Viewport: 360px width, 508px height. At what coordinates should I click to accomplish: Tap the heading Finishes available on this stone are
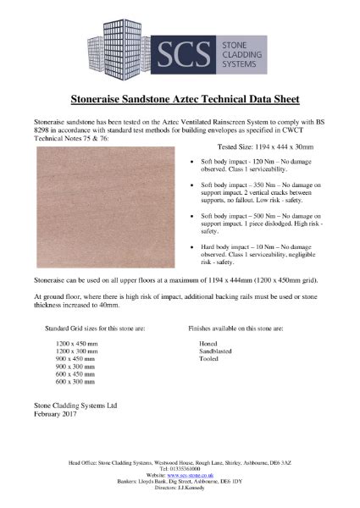(x=235, y=327)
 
